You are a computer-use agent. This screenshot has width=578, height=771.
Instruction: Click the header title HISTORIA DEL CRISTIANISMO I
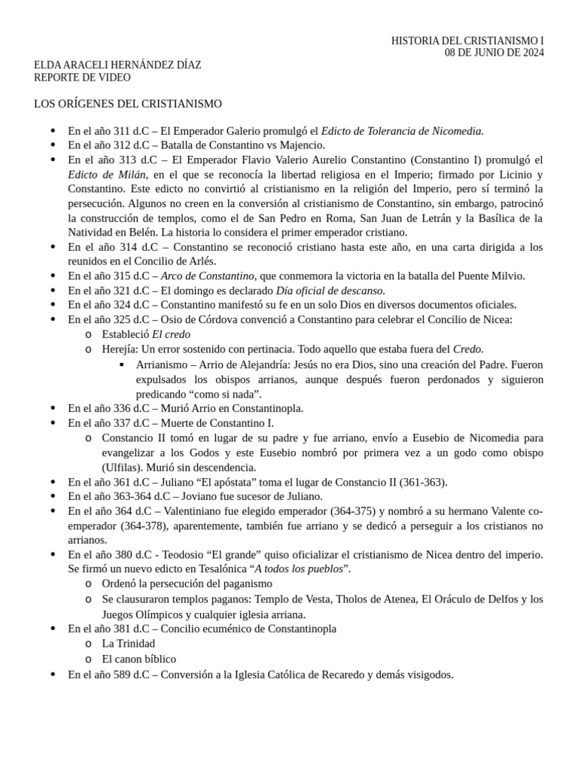click(467, 41)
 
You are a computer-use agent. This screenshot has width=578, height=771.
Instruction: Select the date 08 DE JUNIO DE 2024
click(494, 53)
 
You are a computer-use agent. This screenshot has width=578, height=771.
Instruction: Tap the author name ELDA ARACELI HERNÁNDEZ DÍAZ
click(117, 66)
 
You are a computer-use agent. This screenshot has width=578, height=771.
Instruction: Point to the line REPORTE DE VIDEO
click(82, 78)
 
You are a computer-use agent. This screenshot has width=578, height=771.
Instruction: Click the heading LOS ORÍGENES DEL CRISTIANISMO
click(128, 103)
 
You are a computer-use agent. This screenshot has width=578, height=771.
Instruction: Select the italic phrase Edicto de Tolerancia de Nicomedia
click(402, 131)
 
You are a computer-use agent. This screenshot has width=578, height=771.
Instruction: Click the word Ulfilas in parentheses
click(121, 467)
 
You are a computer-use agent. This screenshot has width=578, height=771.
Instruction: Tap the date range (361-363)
click(422, 482)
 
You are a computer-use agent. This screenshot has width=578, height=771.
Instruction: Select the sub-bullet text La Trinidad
click(129, 643)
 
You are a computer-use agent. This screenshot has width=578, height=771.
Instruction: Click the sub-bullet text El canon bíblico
click(139, 659)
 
